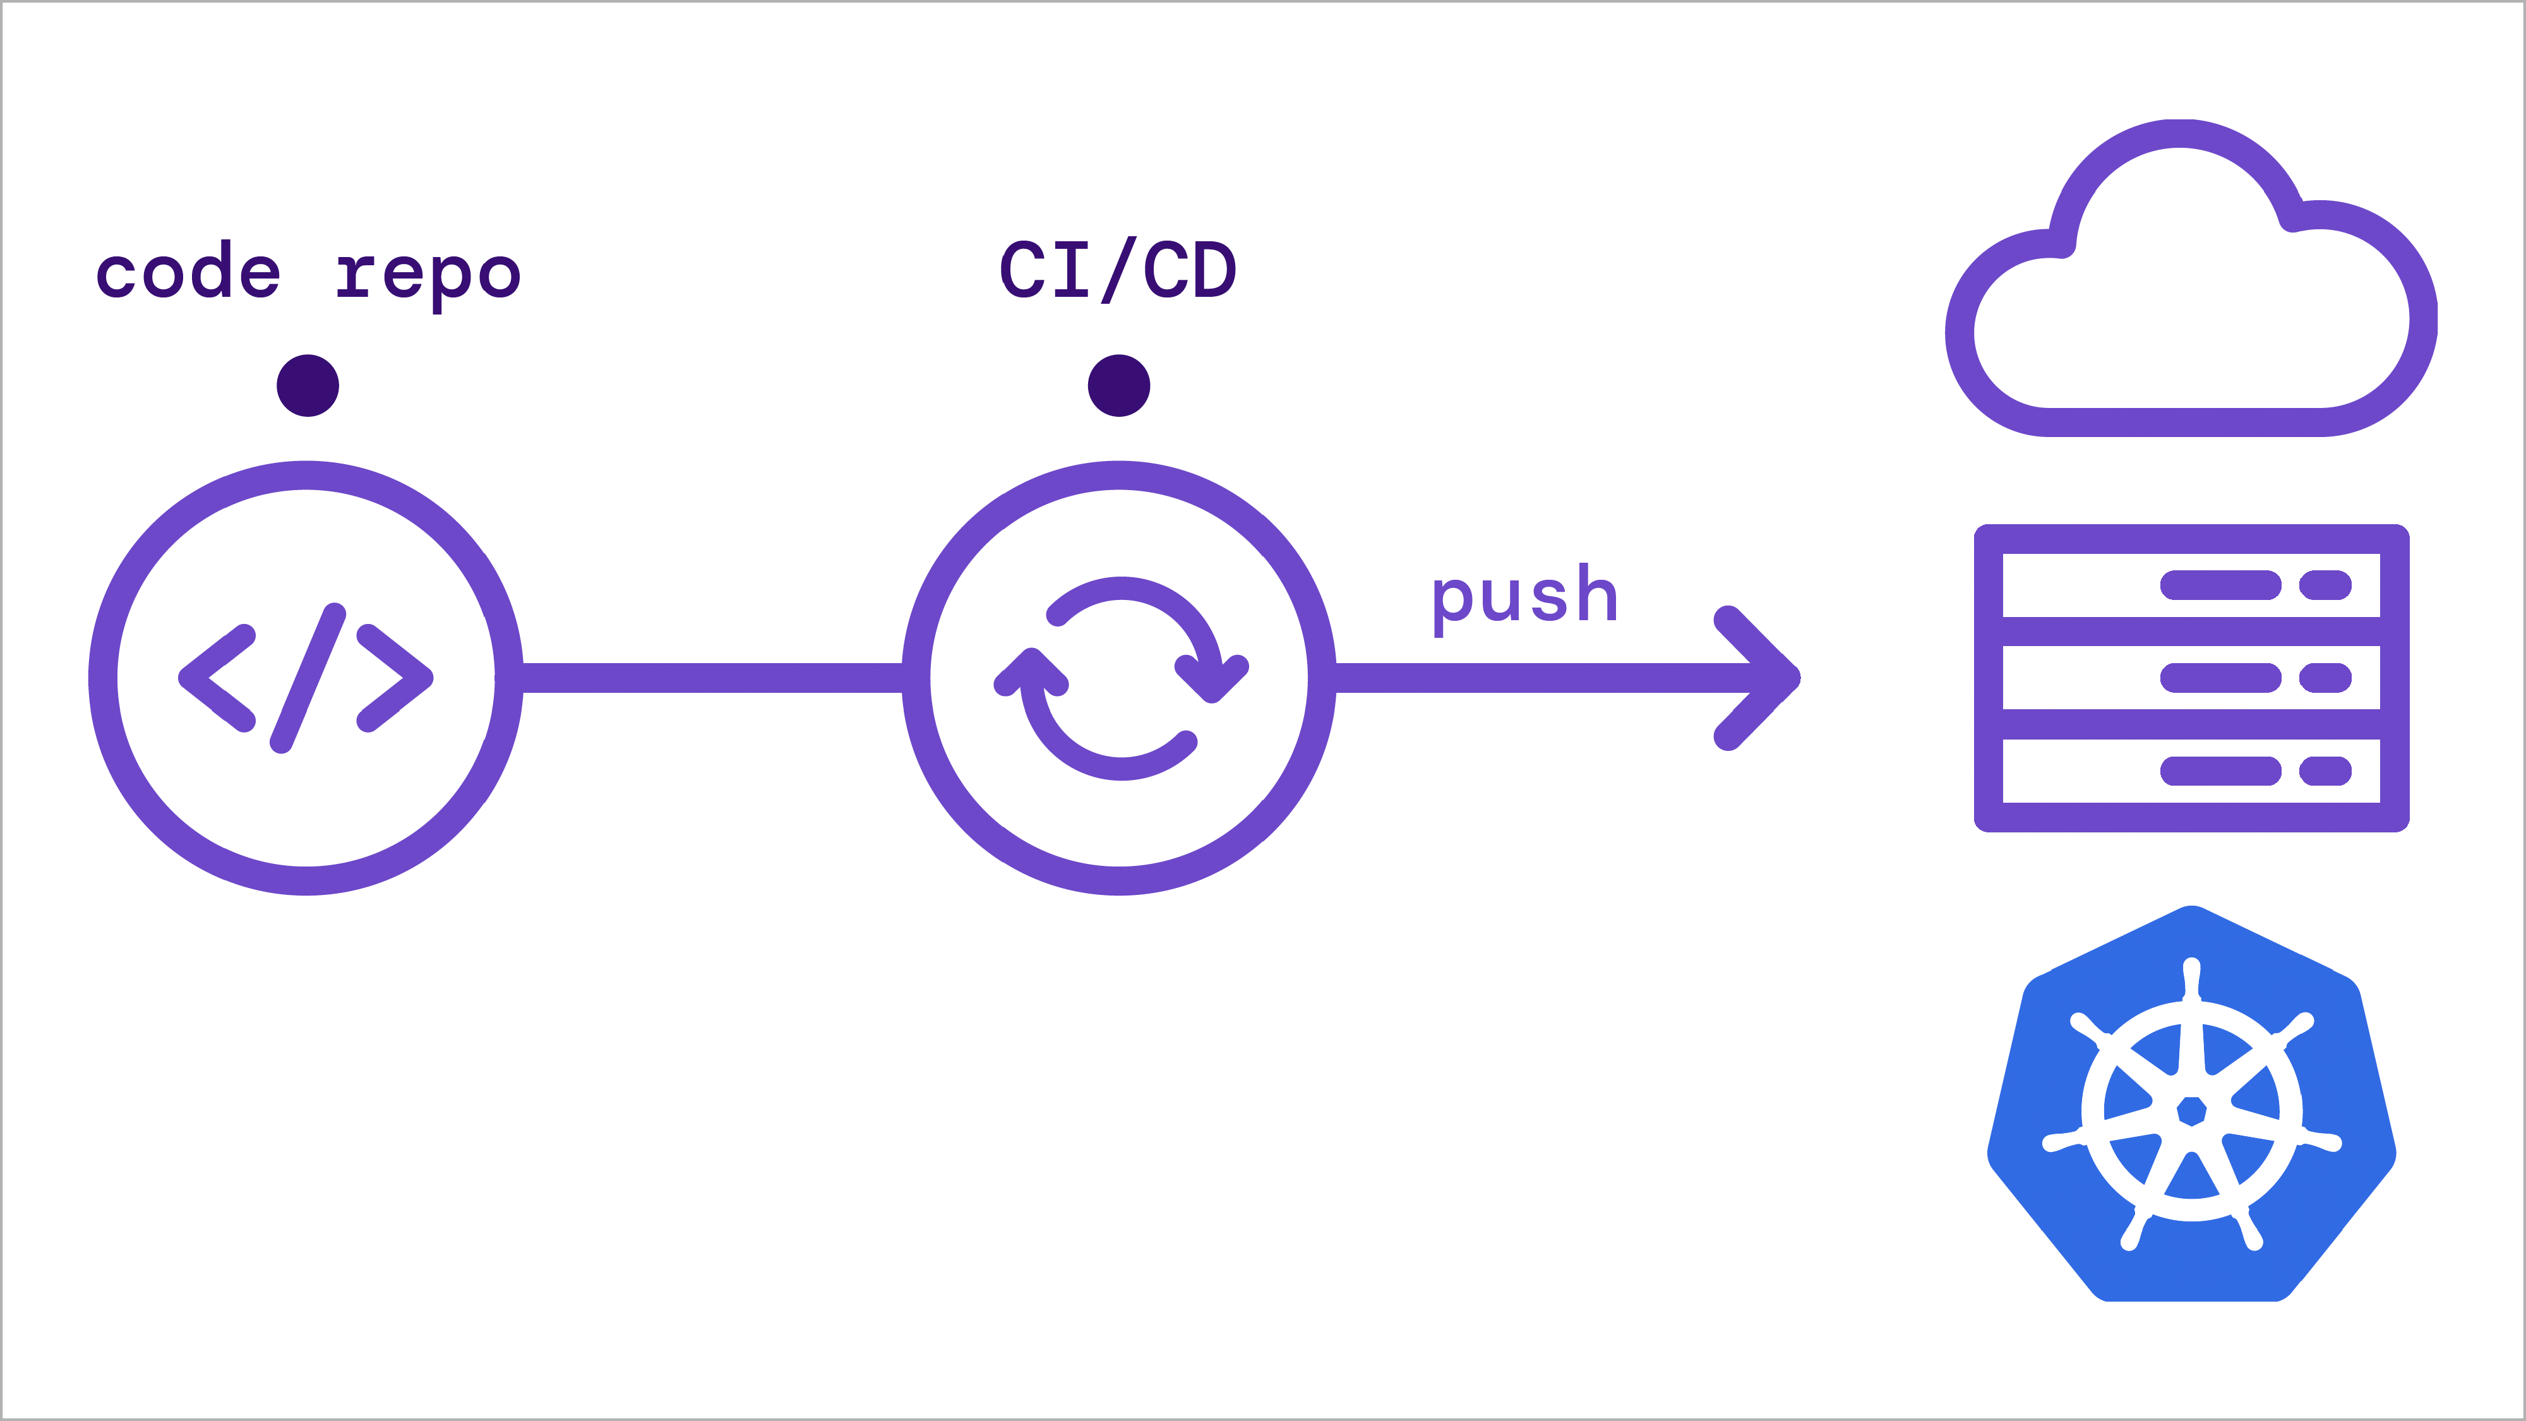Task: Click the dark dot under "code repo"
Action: pyautogui.click(x=308, y=385)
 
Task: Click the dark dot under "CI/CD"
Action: pyautogui.click(x=1119, y=385)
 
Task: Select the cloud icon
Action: pyautogui.click(x=2191, y=294)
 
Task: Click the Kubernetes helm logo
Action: pyautogui.click(x=2191, y=1108)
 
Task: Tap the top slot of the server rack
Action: pyautogui.click(x=2191, y=585)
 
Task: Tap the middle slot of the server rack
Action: pyautogui.click(x=2191, y=678)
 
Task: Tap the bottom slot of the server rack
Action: pyautogui.click(x=2191, y=770)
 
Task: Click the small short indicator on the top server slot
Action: pyautogui.click(x=2325, y=585)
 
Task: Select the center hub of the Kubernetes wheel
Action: pyautogui.click(x=2191, y=1111)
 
